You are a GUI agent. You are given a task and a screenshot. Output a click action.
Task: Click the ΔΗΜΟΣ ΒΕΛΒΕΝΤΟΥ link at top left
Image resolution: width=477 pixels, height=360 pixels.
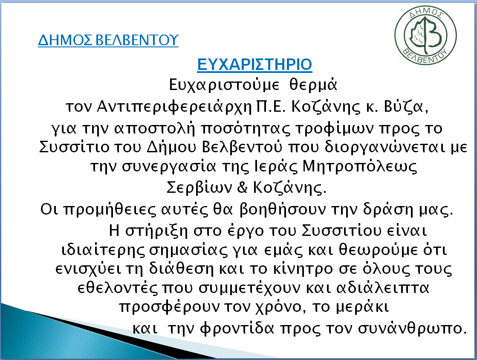coord(108,40)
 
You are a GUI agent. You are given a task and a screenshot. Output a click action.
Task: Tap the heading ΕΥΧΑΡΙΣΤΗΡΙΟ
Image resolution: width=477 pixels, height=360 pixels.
coord(254,64)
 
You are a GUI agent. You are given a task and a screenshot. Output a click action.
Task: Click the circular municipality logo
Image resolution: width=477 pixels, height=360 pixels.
coord(425,35)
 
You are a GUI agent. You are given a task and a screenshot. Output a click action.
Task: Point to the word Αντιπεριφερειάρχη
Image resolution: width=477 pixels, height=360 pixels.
coord(174,107)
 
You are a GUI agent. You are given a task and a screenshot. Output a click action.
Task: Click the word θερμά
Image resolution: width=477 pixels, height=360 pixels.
coord(313,85)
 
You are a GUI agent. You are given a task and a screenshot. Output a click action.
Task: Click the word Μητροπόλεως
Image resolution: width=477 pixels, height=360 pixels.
coord(360,167)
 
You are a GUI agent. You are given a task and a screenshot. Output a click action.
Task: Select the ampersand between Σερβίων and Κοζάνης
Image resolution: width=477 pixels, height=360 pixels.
coord(242,187)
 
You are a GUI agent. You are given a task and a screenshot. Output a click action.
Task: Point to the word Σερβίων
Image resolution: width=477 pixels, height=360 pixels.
coord(199,187)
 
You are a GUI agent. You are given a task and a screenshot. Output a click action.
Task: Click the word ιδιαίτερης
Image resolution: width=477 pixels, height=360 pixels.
coord(103,250)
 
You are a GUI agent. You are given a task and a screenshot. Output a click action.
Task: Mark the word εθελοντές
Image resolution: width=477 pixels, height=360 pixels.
coord(118,288)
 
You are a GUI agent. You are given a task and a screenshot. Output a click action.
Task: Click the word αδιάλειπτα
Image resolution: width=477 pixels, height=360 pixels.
coord(382,287)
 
